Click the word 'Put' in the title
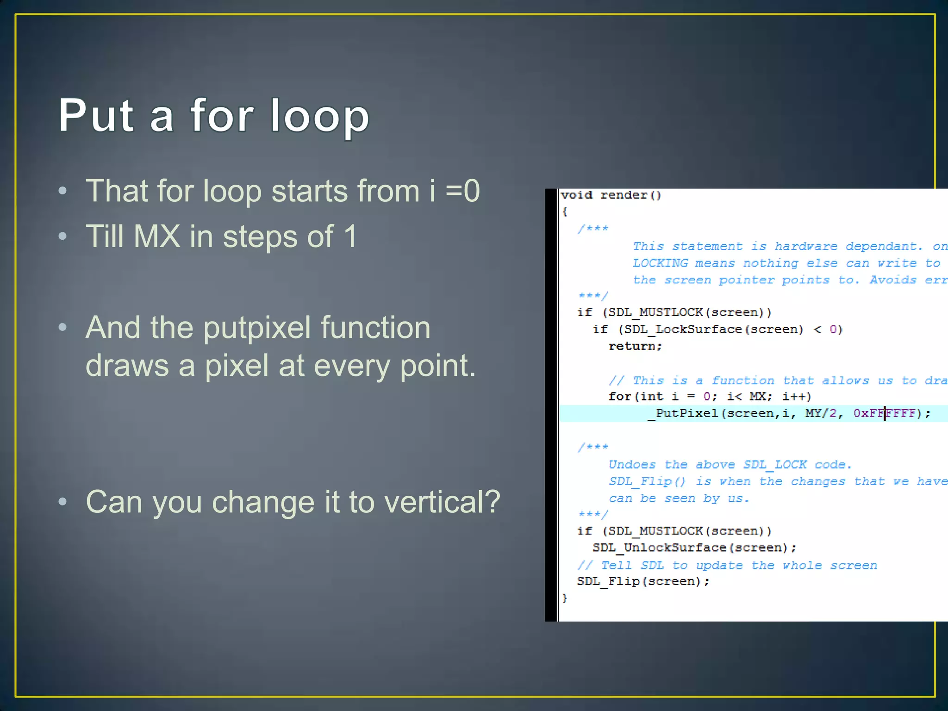(96, 116)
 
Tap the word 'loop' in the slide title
(319, 117)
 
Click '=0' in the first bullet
(462, 191)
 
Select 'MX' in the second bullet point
(156, 237)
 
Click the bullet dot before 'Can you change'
(63, 502)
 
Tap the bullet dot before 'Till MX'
(63, 237)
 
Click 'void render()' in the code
(611, 195)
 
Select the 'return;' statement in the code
(635, 346)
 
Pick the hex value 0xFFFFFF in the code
(884, 413)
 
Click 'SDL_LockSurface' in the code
(682, 329)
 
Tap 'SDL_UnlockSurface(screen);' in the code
(694, 548)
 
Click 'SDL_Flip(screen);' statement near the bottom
(643, 581)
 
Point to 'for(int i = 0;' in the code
(662, 396)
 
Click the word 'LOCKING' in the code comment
(660, 263)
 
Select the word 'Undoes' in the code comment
(632, 464)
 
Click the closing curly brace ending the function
(564, 598)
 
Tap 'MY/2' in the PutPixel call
(820, 413)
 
